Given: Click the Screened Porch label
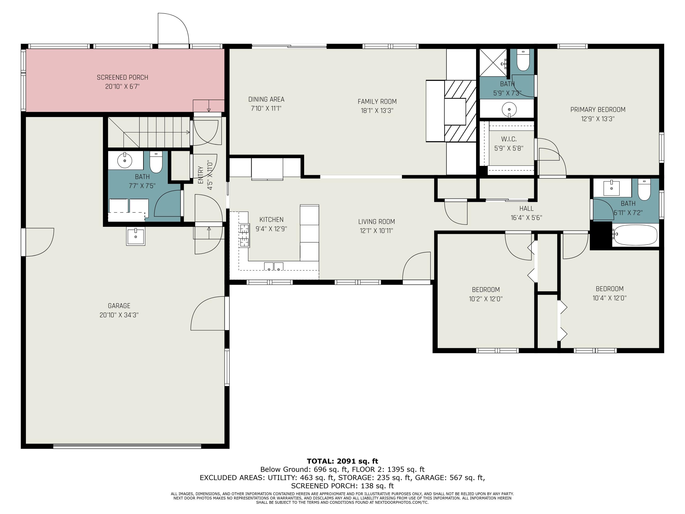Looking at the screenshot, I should tap(122, 77).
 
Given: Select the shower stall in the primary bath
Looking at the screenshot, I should tap(493, 63).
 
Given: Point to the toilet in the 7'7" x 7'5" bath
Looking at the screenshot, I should tap(156, 162).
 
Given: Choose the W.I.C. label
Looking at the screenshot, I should tap(509, 139).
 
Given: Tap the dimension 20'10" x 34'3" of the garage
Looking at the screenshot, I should tap(119, 315).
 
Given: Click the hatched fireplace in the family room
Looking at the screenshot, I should tap(460, 111).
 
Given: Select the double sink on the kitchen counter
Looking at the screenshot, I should tap(274, 266).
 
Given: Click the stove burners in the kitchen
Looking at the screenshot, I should tap(244, 236).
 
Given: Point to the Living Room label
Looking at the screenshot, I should tap(376, 222).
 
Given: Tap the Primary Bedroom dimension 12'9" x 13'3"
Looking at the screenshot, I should tap(598, 119).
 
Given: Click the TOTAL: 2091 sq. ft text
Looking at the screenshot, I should tap(342, 461).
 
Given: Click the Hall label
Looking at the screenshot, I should tap(526, 209).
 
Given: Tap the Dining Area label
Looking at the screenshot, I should tap(266, 99).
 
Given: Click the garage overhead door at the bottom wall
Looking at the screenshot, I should tap(127, 446).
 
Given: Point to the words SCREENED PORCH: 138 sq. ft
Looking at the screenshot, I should tap(342, 486).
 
